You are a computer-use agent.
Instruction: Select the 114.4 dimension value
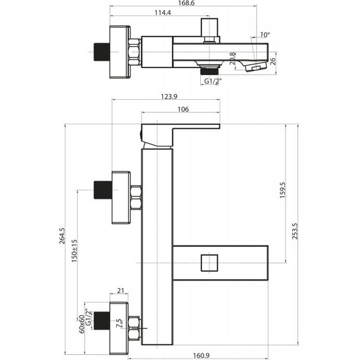pyautogui.click(x=162, y=13)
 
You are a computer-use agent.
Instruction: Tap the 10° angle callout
pyautogui.click(x=265, y=35)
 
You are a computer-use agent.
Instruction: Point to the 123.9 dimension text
pyautogui.click(x=169, y=97)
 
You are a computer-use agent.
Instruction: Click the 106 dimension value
pyautogui.click(x=183, y=109)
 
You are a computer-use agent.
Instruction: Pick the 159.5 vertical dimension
pyautogui.click(x=282, y=190)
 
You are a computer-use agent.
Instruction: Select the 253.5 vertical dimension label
pyautogui.click(x=295, y=231)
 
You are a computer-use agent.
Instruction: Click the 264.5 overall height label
pyautogui.click(x=63, y=236)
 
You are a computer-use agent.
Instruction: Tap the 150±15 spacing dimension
pyautogui.click(x=75, y=251)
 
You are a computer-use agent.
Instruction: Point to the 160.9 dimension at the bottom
pyautogui.click(x=201, y=356)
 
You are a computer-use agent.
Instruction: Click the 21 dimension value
pyautogui.click(x=121, y=291)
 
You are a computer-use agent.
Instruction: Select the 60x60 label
pyautogui.click(x=81, y=324)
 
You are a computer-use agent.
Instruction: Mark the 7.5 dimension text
pyautogui.click(x=119, y=323)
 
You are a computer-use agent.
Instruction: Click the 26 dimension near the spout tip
pyautogui.click(x=272, y=61)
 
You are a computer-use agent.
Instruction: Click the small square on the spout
pyautogui.click(x=209, y=263)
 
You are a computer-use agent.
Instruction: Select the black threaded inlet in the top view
pyautogui.click(x=102, y=52)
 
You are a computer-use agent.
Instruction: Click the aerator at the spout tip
pyautogui.click(x=256, y=67)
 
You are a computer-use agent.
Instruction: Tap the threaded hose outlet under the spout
pyautogui.click(x=209, y=70)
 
